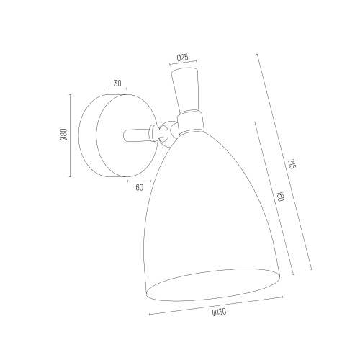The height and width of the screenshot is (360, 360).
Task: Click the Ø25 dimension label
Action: coord(182,58)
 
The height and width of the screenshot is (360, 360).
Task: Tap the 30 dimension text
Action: coord(117,84)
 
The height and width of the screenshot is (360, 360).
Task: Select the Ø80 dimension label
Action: coord(64,135)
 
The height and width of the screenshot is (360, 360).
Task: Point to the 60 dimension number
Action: coord(139,187)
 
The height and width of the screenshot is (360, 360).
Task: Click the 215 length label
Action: coord(291,163)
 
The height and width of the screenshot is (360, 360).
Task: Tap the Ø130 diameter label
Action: coord(219,312)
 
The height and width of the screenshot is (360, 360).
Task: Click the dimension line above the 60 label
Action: coord(140,181)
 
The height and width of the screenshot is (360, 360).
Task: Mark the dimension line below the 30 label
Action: coord(117,89)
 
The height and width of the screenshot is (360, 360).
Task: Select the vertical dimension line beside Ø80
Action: coord(70,135)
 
